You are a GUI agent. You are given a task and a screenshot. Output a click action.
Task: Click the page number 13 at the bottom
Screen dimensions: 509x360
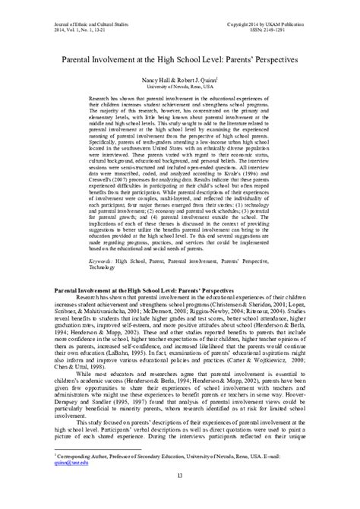180,496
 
